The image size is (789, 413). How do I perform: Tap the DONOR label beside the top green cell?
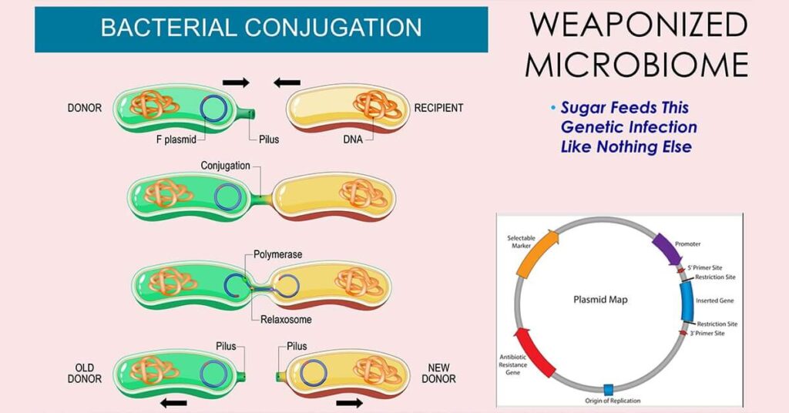[x=84, y=108]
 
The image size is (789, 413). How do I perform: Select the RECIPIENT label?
[x=438, y=108]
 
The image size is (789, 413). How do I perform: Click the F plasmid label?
[x=173, y=140]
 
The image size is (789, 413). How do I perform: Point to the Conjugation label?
[x=225, y=166]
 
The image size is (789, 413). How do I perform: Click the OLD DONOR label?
[x=85, y=373]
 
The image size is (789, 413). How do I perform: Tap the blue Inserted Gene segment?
[x=687, y=301]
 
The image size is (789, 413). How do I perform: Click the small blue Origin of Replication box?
[x=608, y=389]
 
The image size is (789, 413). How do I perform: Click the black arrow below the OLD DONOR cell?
[x=173, y=401]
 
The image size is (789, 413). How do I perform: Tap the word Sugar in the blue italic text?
[x=586, y=108]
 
